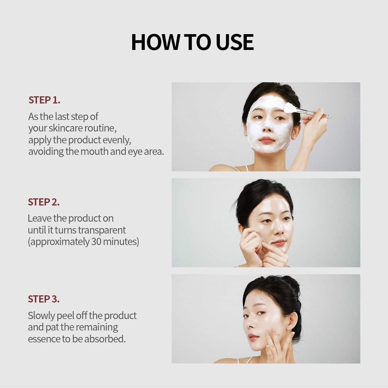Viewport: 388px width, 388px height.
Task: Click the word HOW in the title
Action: [156, 42]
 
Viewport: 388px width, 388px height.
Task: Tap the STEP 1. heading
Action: [44, 100]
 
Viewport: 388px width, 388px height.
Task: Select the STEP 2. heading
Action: [43, 202]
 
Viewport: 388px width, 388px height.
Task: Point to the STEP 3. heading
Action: [43, 299]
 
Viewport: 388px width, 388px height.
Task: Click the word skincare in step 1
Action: [66, 128]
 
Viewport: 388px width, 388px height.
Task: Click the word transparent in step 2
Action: [102, 230]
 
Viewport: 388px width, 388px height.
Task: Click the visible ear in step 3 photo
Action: [292, 322]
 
